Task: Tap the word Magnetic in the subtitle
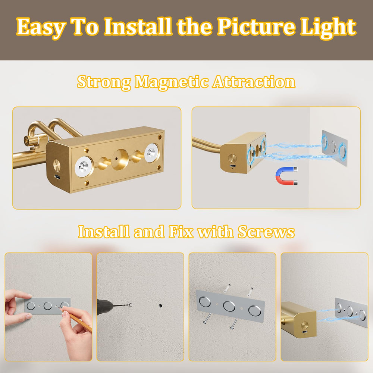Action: pos(172,82)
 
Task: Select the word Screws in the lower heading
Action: pos(266,232)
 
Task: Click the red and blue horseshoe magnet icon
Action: pos(286,176)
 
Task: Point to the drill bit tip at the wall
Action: pos(131,305)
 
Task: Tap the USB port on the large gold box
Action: pos(57,177)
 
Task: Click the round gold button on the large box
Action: pos(57,165)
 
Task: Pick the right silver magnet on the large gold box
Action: pos(152,153)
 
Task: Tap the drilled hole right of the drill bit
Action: pos(160,305)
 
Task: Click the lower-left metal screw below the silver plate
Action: pos(207,319)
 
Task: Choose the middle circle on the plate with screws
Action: pos(229,306)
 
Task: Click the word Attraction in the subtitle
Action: pos(254,82)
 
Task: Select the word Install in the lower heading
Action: pos(104,232)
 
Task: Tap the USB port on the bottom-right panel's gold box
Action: pos(305,332)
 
